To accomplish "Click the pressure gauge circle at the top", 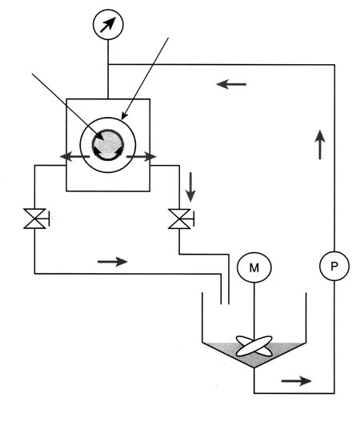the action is tap(108, 25).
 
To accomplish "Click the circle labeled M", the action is tap(254, 267).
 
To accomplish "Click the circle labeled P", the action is tap(334, 266).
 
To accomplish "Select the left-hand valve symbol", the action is tap(34, 219).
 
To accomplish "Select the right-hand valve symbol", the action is tap(179, 219).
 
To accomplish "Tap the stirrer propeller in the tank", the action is tap(254, 346).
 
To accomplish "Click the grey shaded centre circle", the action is tap(108, 145).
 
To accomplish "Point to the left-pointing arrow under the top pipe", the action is tap(231, 84).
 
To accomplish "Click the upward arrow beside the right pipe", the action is tap(320, 144).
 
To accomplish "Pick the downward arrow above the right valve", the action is tap(190, 187).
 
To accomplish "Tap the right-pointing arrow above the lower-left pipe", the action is tap(112, 262).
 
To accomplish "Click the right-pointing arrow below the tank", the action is tap(297, 381).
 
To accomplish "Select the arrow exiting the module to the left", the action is tap(74, 156).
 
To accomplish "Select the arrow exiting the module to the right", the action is tap(142, 156).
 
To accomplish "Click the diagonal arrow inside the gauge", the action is tap(108, 25).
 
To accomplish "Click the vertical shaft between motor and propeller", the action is tap(254, 311).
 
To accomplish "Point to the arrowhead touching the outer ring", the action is tap(124, 116).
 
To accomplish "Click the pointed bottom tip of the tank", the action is tap(254, 368).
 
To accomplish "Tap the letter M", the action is tap(254, 268).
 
